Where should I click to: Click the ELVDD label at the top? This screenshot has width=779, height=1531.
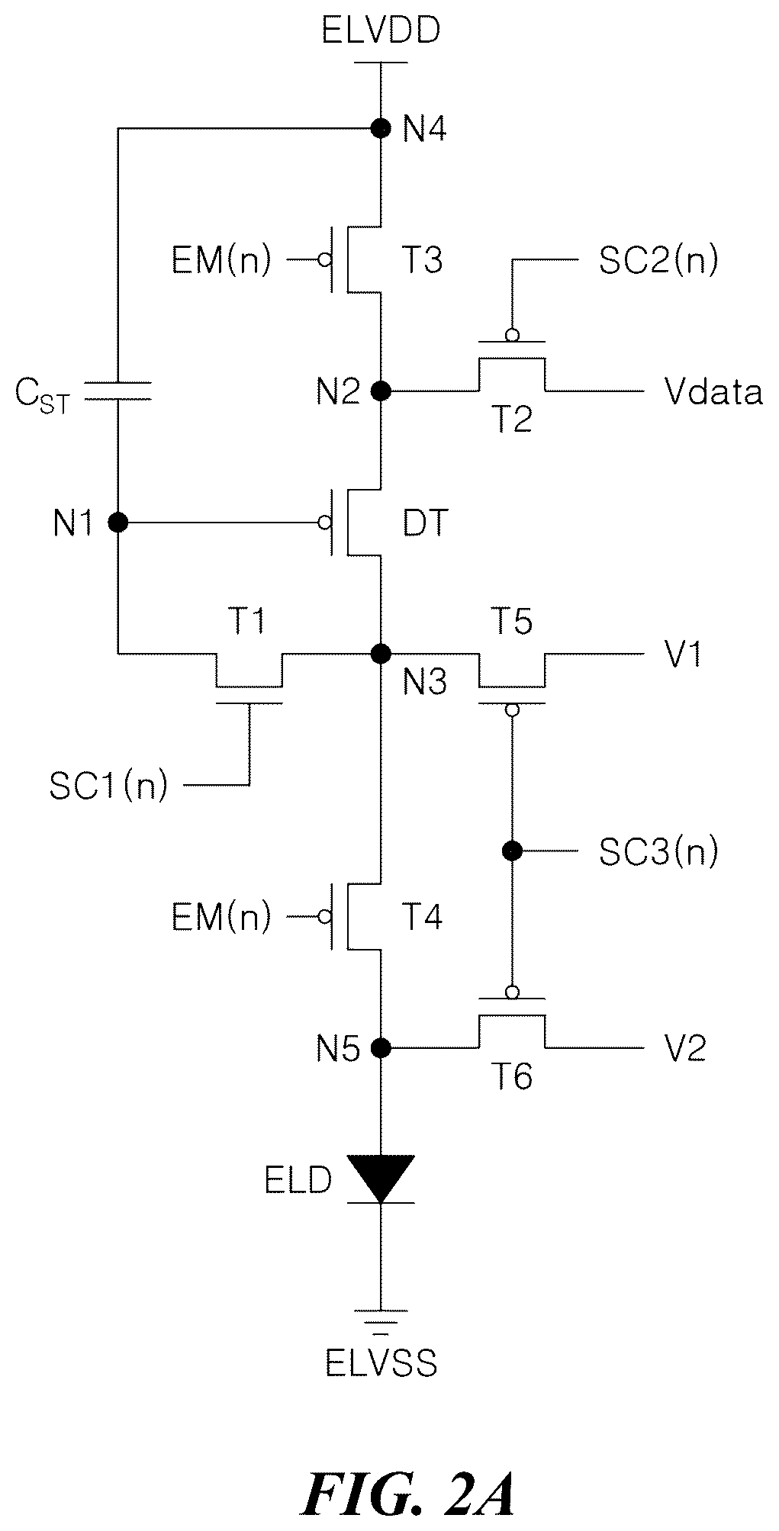coord(381,32)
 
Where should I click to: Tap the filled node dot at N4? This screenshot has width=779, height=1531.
coord(381,128)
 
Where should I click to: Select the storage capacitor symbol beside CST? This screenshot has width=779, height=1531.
coord(117,391)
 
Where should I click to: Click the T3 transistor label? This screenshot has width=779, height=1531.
coord(422,261)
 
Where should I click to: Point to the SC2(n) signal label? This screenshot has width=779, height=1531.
coord(658,261)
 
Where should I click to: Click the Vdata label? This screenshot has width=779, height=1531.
coord(713,391)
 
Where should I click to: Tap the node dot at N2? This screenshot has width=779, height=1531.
coord(381,391)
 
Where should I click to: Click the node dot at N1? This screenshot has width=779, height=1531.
coord(117,523)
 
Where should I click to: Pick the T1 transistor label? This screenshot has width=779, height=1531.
coord(248,622)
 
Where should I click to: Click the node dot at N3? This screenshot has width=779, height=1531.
coord(381,654)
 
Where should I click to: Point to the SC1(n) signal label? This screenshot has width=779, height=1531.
coord(108,786)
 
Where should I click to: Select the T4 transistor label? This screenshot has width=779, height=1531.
coord(422,916)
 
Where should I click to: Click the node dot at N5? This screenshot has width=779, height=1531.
coord(381,1047)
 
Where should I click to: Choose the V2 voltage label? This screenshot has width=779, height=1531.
coord(685,1048)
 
